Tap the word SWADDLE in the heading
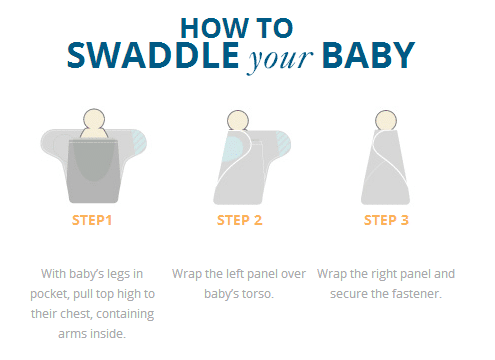[153, 55]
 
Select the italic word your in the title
[280, 60]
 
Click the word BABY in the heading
[368, 55]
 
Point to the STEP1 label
[92, 220]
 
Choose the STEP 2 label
[239, 220]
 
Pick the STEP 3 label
[386, 220]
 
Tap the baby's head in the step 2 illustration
[238, 120]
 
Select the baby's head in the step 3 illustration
[386, 120]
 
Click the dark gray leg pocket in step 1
[93, 171]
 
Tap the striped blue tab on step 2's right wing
[284, 143]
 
